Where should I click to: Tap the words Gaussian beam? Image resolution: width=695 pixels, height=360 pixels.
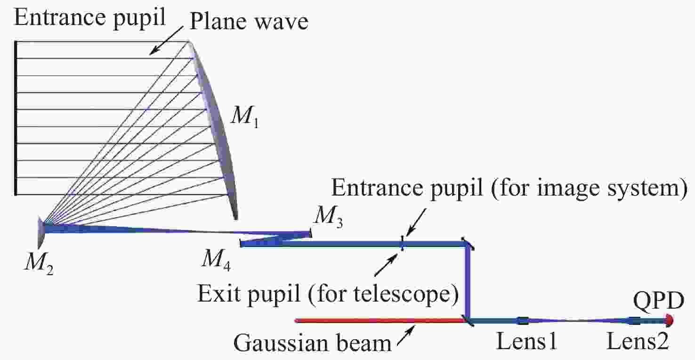[312, 343]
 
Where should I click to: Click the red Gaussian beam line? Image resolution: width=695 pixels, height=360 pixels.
[377, 320]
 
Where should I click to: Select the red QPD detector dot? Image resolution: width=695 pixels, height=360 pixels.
[669, 320]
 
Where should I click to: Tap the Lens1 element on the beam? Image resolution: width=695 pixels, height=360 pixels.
[523, 321]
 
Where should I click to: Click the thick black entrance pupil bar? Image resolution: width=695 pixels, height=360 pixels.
[16, 118]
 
